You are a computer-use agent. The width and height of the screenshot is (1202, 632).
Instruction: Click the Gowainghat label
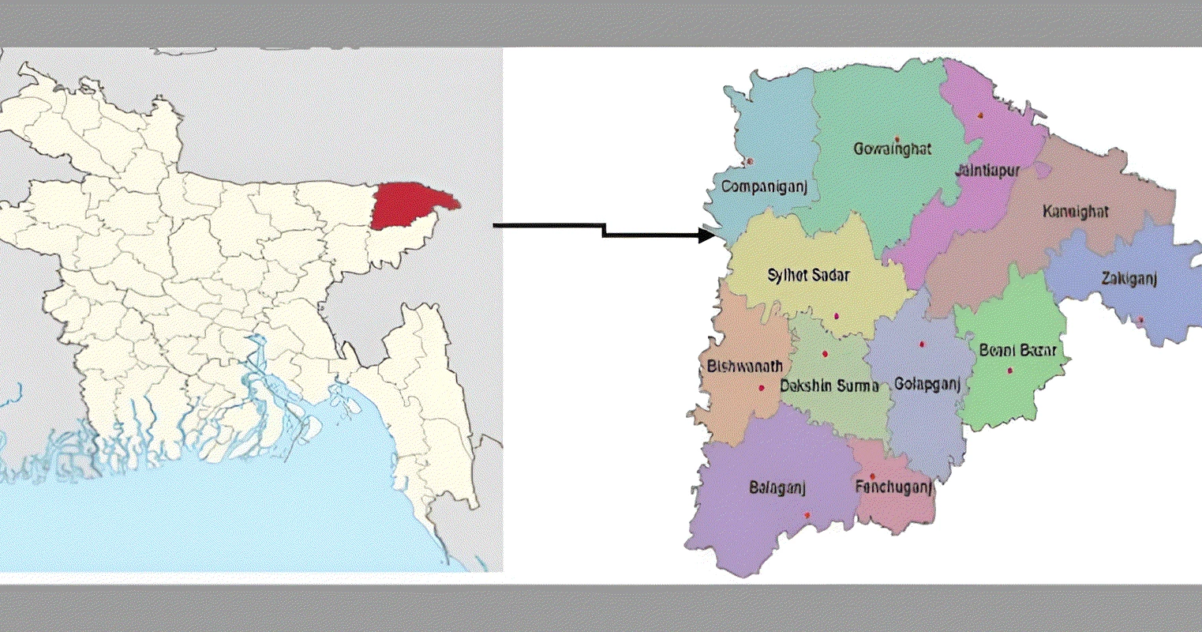pos(893,149)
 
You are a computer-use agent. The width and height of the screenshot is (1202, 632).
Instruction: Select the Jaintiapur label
pos(987,171)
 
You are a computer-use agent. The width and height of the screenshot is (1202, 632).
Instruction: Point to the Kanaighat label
pos(1075,212)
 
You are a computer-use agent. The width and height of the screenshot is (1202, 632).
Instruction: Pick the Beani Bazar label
pos(1017,350)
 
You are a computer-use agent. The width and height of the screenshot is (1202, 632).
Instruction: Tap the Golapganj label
pos(927,385)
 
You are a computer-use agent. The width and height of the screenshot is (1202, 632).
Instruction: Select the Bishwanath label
pos(745,366)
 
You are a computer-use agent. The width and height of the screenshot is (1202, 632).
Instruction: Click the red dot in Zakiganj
pos(1140,320)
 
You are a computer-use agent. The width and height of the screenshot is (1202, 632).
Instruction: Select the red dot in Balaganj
pos(807,515)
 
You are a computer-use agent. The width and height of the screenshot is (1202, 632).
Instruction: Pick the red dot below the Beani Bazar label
pos(1009,371)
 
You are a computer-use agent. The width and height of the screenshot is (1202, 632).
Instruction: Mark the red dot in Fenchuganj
pos(872,476)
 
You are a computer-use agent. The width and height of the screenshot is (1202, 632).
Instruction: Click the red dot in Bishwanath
pos(761,388)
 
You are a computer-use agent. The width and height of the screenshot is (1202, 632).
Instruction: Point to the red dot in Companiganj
pos(749,162)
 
